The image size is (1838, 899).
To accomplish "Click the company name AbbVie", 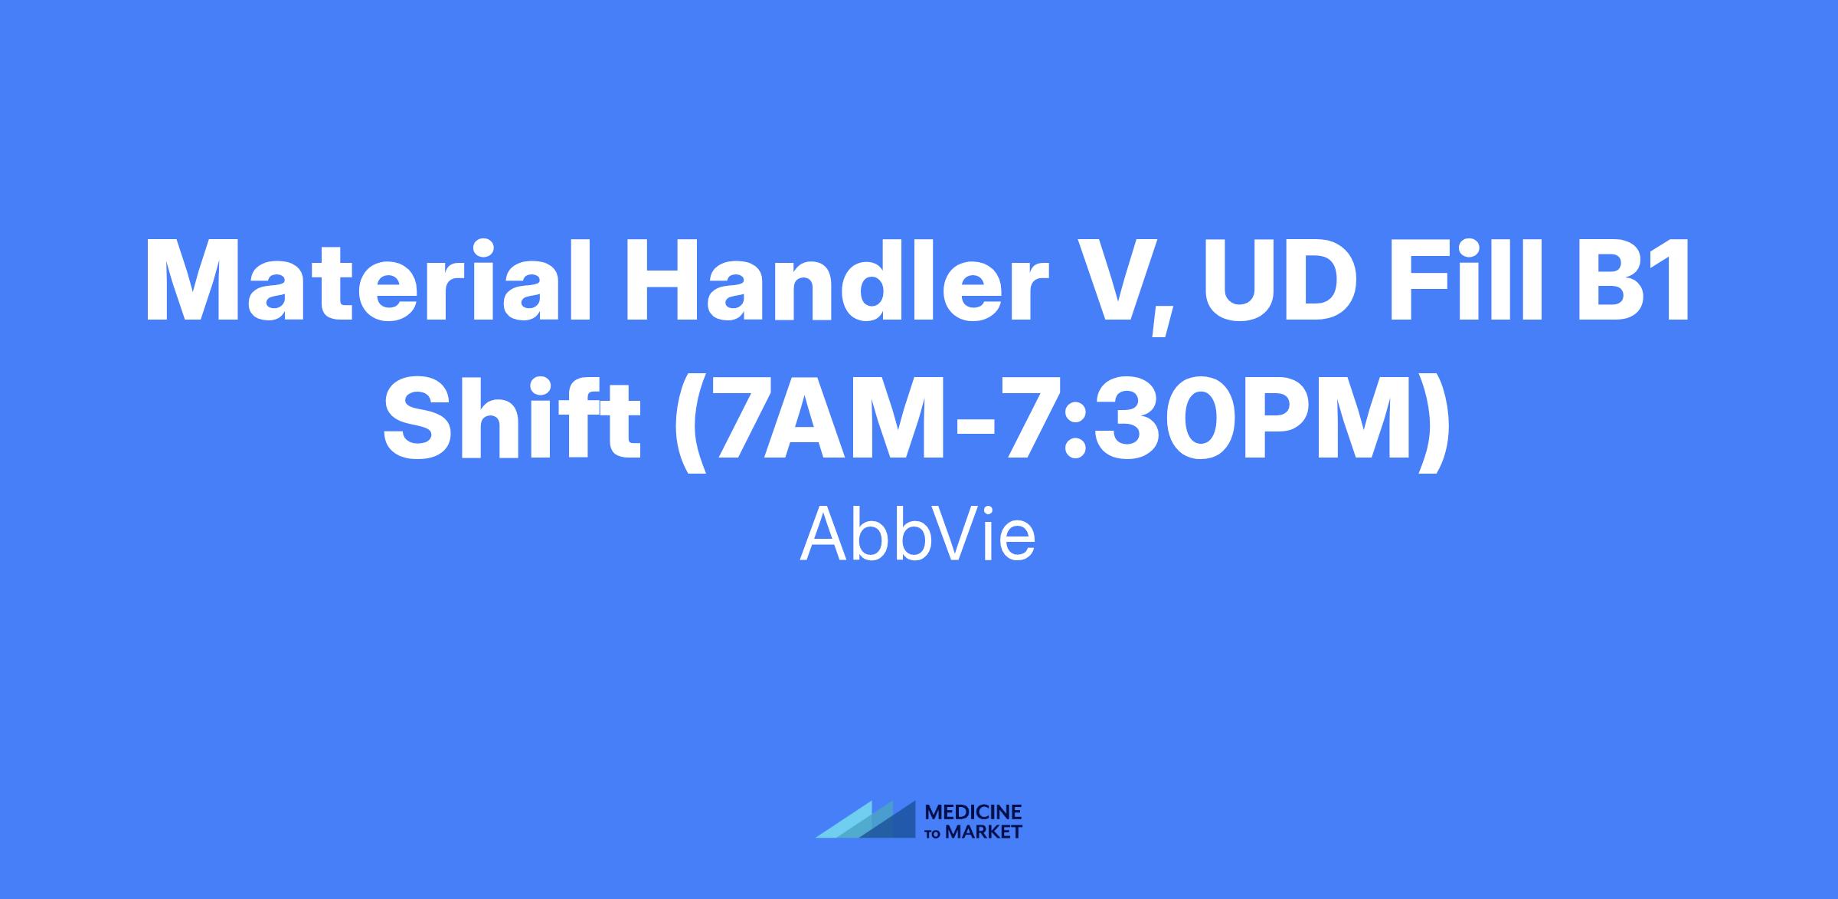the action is [x=918, y=533].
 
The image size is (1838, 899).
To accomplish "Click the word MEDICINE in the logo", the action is [x=974, y=812].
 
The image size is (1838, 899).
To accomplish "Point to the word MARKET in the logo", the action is [x=984, y=832].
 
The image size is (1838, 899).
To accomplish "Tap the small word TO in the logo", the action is [x=934, y=833].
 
